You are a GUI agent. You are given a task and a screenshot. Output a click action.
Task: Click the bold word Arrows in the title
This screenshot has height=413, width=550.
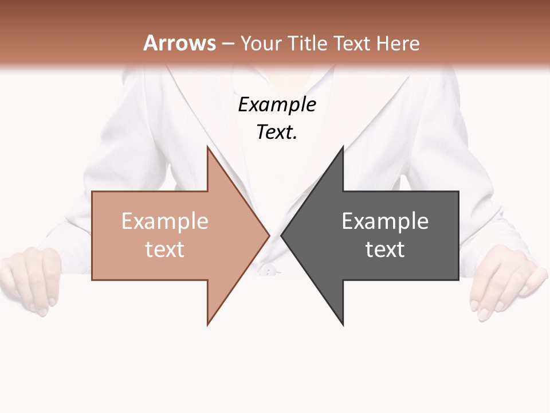point(179,43)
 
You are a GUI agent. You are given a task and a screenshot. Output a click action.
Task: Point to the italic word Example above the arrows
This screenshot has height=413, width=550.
point(277,104)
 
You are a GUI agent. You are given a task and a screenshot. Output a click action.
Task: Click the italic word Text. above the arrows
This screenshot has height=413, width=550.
point(277,133)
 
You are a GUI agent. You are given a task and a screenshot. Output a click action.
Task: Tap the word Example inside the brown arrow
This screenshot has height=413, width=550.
point(164,221)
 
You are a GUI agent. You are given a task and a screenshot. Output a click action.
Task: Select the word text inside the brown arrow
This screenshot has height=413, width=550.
point(164,250)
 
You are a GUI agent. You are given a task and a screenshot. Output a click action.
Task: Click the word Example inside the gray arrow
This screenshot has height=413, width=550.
point(385,221)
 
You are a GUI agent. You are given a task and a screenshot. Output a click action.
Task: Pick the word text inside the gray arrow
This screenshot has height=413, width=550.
point(385,250)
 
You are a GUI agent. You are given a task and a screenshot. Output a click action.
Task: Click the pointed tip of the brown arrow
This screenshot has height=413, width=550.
point(269,235)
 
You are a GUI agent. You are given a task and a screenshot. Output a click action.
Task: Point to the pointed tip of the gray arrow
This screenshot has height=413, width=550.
point(282,235)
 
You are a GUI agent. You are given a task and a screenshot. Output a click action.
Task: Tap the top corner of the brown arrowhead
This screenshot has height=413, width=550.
point(208,147)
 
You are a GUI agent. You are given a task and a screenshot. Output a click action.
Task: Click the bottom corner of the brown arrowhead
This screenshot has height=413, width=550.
point(208,324)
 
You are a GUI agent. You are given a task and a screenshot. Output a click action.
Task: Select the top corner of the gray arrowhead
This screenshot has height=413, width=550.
point(343,147)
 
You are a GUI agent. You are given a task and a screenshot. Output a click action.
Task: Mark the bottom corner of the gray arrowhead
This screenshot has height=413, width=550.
point(343,324)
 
